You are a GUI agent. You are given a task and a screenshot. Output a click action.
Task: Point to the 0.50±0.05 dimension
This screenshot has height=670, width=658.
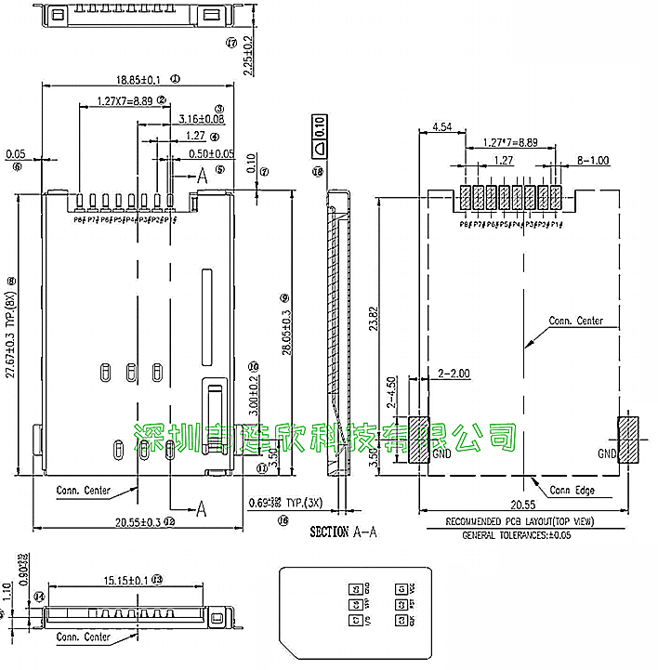212,153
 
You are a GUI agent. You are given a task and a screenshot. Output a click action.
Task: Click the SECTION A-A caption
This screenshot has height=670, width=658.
342,532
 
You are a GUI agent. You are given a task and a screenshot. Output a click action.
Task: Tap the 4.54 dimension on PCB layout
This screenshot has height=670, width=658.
441,128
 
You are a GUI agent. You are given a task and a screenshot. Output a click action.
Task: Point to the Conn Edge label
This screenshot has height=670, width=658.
572,490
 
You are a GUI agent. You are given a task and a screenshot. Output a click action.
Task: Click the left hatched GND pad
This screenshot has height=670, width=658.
417,440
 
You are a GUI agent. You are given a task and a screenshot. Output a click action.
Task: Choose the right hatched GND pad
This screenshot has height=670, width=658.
631,440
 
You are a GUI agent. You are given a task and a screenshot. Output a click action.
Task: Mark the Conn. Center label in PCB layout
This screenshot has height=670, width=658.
575,322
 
